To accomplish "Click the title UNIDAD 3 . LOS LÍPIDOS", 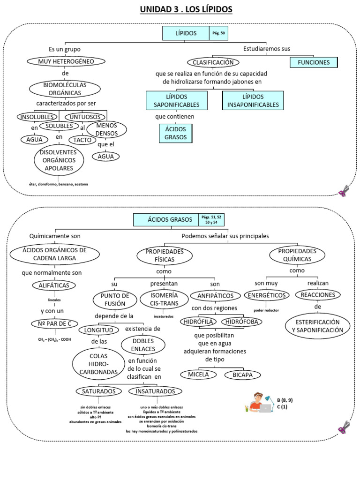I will pyautogui.click(x=186, y=9).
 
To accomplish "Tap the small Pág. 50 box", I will pyautogui.click(x=219, y=33).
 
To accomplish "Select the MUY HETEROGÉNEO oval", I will pyautogui.click(x=60, y=61).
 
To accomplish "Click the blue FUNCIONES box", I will pyautogui.click(x=314, y=62).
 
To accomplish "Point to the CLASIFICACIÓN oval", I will pyautogui.click(x=213, y=62).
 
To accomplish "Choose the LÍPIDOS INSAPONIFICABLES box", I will pyautogui.click(x=253, y=100).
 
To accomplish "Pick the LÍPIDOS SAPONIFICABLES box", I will pyautogui.click(x=176, y=100).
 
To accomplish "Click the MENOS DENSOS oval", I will pyautogui.click(x=107, y=130).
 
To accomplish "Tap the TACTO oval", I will pyautogui.click(x=82, y=140).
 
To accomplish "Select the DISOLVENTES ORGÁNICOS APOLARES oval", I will pyautogui.click(x=59, y=160).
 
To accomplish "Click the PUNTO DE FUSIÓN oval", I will pyautogui.click(x=112, y=300).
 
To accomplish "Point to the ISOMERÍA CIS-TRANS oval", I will pyautogui.click(x=164, y=299).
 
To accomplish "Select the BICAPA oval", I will pyautogui.click(x=242, y=375).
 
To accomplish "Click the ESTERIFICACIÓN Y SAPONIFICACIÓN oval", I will pyautogui.click(x=318, y=326).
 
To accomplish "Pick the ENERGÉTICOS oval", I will pyautogui.click(x=266, y=295).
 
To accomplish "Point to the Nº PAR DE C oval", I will pyautogui.click(x=54, y=324).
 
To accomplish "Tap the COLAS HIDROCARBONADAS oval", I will pyautogui.click(x=98, y=363).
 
